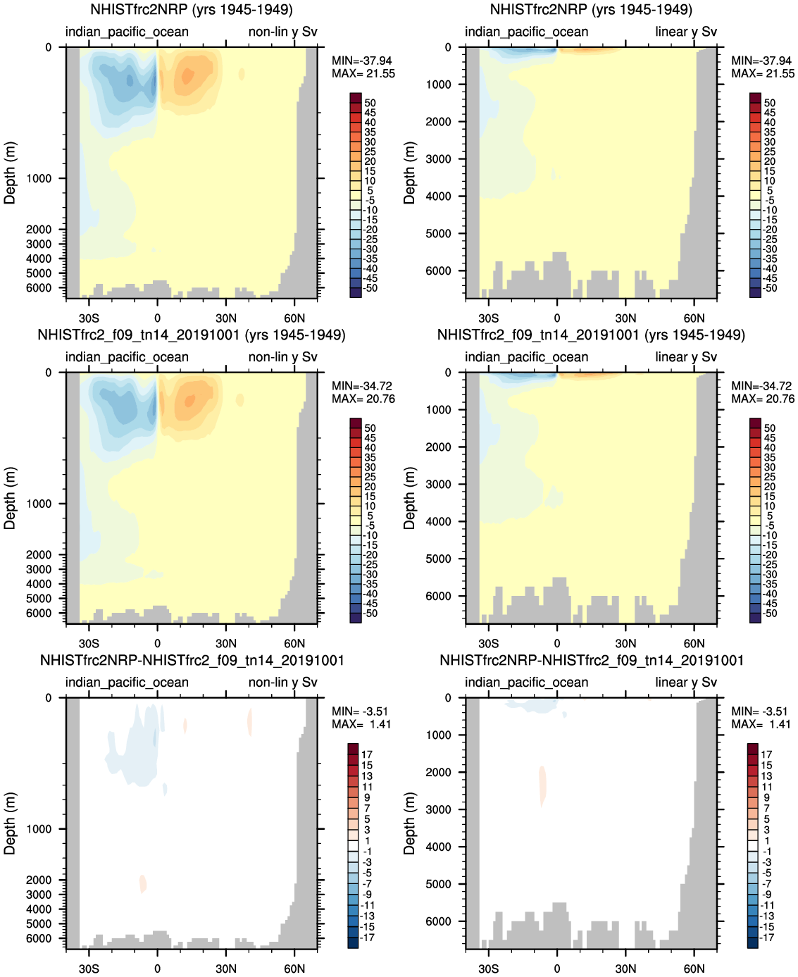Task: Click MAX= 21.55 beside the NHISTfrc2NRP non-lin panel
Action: [363, 74]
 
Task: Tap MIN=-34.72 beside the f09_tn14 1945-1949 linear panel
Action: [761, 386]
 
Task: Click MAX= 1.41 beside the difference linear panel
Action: [761, 724]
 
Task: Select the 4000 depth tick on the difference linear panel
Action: [439, 847]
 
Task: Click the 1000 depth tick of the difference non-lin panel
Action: [39, 829]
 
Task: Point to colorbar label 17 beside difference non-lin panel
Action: [367, 754]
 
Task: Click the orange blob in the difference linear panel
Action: [542, 785]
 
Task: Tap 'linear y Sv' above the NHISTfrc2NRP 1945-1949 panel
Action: [685, 32]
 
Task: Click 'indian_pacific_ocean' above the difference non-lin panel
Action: [127, 683]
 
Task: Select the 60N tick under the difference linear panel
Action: [694, 969]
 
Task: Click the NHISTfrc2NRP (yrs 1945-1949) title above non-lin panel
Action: [192, 10]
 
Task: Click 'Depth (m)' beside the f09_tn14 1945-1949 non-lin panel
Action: [10, 498]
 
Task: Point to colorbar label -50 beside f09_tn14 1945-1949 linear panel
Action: [769, 614]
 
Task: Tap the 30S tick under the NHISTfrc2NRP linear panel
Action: [488, 318]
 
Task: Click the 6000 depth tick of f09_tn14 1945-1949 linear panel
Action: [439, 596]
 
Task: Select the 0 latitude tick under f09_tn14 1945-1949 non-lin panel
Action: [157, 643]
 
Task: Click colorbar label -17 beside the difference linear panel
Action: [767, 938]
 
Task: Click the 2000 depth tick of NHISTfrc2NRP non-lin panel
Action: [39, 230]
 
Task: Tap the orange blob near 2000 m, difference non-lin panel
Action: [143, 883]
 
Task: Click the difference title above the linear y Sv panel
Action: [592, 661]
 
